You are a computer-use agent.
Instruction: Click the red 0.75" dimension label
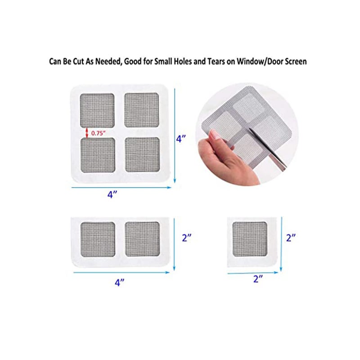(x=98, y=133)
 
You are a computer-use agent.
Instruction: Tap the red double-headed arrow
(x=87, y=132)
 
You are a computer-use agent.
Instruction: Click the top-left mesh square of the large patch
(x=97, y=110)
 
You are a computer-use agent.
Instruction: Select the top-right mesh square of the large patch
(x=142, y=110)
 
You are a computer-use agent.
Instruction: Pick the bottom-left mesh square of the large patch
(x=97, y=154)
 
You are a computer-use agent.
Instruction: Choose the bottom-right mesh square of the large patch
(x=142, y=154)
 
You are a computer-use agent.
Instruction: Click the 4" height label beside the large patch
(x=181, y=139)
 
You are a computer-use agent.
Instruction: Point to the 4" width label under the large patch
(x=112, y=195)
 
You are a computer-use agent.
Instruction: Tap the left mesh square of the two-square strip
(x=97, y=238)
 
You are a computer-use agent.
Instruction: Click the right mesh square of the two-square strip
(x=142, y=238)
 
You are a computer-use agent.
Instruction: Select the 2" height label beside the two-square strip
(x=187, y=238)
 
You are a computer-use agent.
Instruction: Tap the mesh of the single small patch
(x=250, y=238)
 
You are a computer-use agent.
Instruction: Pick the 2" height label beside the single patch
(x=292, y=237)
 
